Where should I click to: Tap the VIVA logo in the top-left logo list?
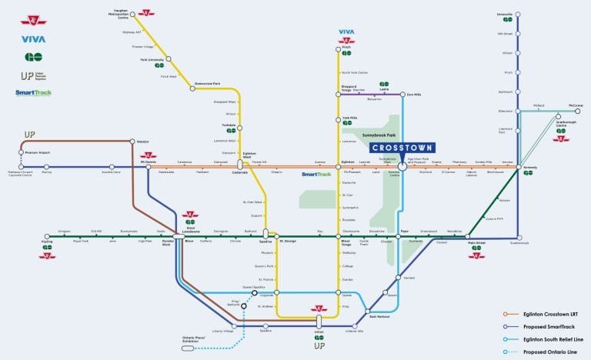[33, 39]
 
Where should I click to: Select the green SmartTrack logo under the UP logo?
[33, 93]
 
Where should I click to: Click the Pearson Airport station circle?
[24, 153]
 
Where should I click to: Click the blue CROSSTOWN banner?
[402, 147]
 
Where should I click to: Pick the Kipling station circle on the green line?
[47, 235]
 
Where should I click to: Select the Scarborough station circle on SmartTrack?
[518, 235]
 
